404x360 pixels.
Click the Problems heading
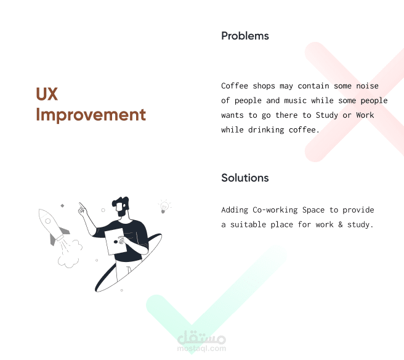pyautogui.click(x=244, y=36)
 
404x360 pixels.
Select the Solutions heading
pyautogui.click(x=244, y=178)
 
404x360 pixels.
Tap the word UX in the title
pyautogui.click(x=47, y=94)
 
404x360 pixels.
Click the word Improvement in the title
pyautogui.click(x=91, y=115)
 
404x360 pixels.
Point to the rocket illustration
pyautogui.click(x=53, y=226)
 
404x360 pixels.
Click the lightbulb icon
pyautogui.click(x=164, y=207)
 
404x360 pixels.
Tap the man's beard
pyautogui.click(x=121, y=213)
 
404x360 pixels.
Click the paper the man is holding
pyautogui.click(x=115, y=242)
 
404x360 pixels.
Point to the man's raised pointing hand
pyautogui.click(x=83, y=210)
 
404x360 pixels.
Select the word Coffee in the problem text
pyautogui.click(x=235, y=86)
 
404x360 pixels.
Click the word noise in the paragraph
pyautogui.click(x=367, y=86)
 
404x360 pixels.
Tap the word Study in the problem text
pyautogui.click(x=326, y=115)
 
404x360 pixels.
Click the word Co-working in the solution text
pyautogui.click(x=275, y=210)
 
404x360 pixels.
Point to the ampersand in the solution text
pyautogui.click(x=341, y=224)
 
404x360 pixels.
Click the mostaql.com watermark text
pyautogui.click(x=201, y=349)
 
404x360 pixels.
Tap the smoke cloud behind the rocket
pyautogui.click(x=70, y=254)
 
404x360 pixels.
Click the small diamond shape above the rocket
pyautogui.click(x=62, y=205)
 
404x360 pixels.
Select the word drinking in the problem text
pyautogui.click(x=266, y=130)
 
